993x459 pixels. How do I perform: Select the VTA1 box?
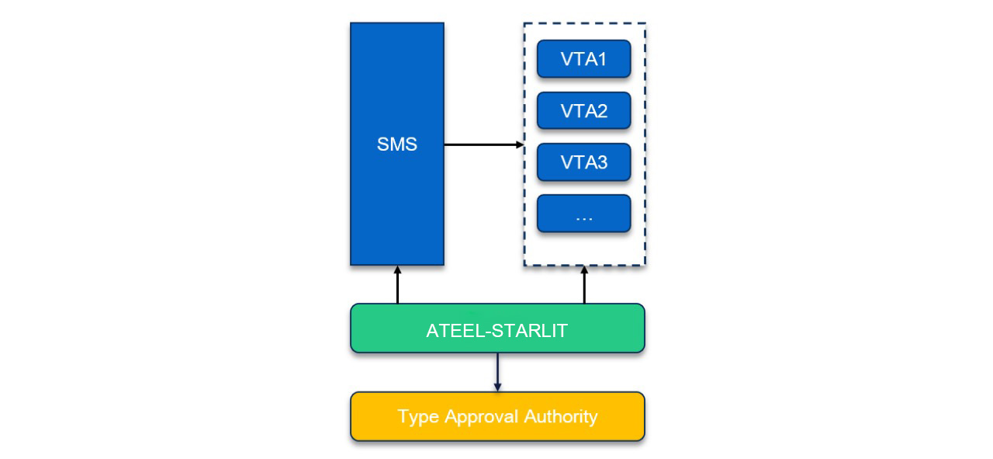pyautogui.click(x=583, y=59)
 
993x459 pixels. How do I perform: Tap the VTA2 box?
pyautogui.click(x=583, y=111)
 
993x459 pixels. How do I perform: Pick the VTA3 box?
pyautogui.click(x=583, y=163)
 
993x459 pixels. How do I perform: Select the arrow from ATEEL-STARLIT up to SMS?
pyautogui.click(x=397, y=285)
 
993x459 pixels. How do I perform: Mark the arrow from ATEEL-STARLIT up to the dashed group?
pyautogui.click(x=584, y=285)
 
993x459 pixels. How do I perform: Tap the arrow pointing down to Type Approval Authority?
pyautogui.click(x=497, y=373)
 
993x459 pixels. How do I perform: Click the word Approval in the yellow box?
pyautogui.click(x=482, y=417)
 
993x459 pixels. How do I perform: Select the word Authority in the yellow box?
pyautogui.click(x=561, y=416)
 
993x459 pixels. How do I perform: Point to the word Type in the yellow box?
pyautogui.click(x=418, y=417)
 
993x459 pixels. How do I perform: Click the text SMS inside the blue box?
pyautogui.click(x=396, y=144)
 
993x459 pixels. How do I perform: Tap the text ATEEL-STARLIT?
pyautogui.click(x=497, y=330)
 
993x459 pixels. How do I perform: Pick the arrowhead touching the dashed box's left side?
pyautogui.click(x=520, y=144)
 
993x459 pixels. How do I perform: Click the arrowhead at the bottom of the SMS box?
pyautogui.click(x=397, y=270)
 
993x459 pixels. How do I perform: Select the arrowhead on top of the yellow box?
pyautogui.click(x=497, y=388)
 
